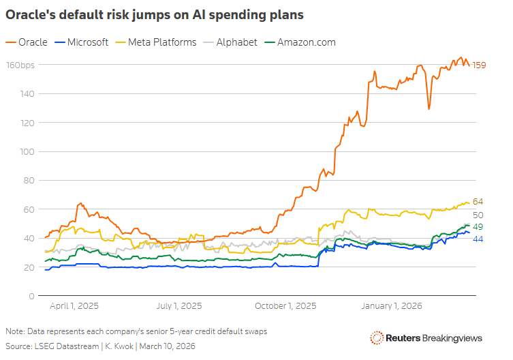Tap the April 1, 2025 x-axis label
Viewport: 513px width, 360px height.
tap(76, 306)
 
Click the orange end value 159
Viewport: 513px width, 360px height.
tap(479, 65)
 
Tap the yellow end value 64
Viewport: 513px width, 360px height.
tap(478, 202)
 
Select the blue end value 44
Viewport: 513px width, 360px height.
tap(478, 239)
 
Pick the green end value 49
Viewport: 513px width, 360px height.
tap(478, 227)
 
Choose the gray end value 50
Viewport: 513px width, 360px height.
tap(478, 215)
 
